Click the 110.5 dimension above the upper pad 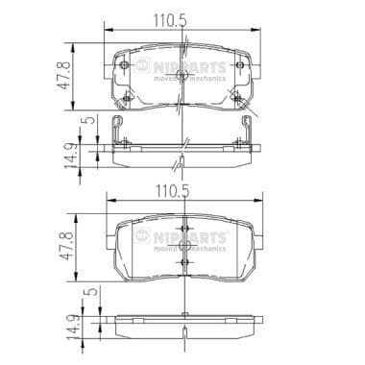click(182, 15)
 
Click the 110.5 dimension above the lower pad click(182, 192)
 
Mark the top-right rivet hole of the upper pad click(239, 65)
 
